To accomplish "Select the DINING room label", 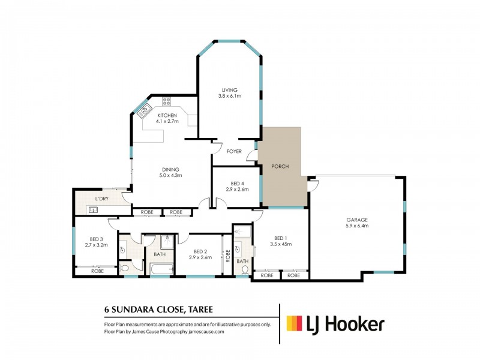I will (x=170, y=169).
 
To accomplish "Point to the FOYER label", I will (x=234, y=151).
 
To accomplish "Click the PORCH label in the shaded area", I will (x=281, y=166).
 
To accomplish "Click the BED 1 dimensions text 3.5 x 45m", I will (x=280, y=244).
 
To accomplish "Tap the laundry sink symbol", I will (x=93, y=209).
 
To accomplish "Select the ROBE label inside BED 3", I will (x=97, y=271).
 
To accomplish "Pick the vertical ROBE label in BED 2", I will (x=227, y=256).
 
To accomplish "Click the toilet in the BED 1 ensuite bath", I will (x=245, y=271).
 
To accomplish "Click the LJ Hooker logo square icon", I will (x=293, y=325).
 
